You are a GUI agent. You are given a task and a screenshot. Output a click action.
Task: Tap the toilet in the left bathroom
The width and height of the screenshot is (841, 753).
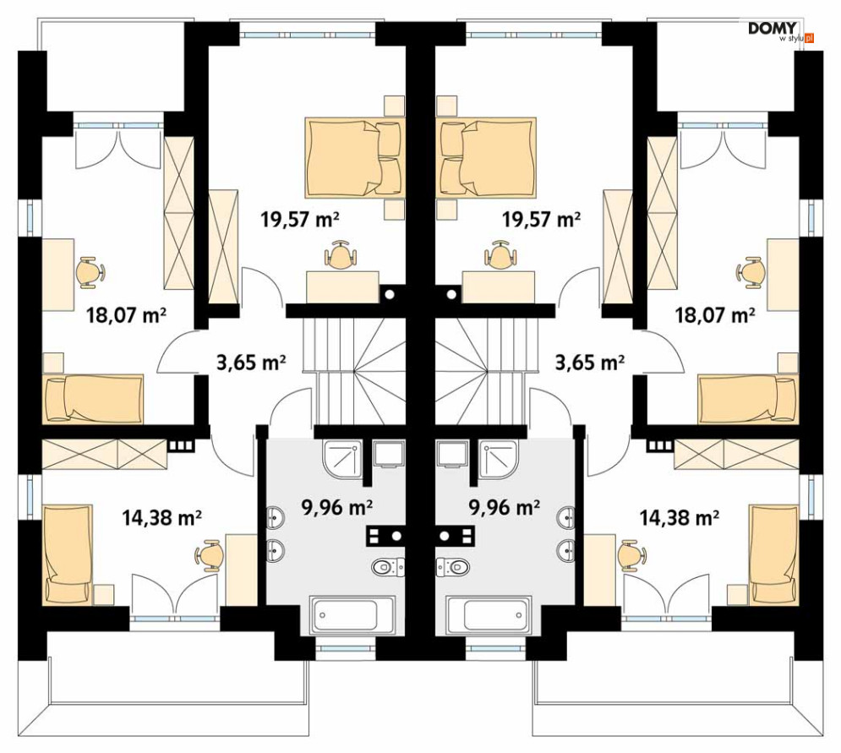[387, 566]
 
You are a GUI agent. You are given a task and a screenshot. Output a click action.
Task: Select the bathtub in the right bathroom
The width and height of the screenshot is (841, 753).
[489, 614]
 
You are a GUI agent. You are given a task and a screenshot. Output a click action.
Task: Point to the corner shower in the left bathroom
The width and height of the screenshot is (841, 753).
[342, 460]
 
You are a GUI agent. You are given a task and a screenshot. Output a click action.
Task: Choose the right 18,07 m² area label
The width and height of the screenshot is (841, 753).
[716, 315]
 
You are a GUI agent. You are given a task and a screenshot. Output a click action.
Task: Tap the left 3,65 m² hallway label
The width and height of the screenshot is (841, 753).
[251, 363]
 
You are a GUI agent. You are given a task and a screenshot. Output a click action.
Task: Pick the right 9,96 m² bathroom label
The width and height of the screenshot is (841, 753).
[504, 506]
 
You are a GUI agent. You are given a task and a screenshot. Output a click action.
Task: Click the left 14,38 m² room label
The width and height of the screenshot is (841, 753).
[162, 517]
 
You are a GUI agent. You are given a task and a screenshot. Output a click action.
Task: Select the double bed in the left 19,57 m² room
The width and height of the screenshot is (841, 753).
[353, 158]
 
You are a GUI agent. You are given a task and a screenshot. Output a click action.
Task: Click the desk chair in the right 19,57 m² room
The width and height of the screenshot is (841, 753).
[500, 254]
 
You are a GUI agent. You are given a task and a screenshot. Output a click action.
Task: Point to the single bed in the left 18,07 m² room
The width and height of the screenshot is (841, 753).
[93, 399]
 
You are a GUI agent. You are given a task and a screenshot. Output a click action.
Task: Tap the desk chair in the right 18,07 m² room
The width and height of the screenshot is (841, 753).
[751, 272]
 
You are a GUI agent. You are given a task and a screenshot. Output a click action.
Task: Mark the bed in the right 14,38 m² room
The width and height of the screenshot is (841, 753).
[774, 554]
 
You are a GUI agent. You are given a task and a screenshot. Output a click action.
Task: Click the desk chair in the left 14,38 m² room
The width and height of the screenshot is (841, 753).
[209, 555]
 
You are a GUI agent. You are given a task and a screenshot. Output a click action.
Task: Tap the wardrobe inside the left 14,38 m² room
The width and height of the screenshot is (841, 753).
[105, 454]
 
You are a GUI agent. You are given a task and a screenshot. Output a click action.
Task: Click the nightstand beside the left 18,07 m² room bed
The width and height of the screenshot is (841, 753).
[53, 363]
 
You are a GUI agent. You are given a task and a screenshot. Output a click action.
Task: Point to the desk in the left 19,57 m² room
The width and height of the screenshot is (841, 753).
[342, 287]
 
